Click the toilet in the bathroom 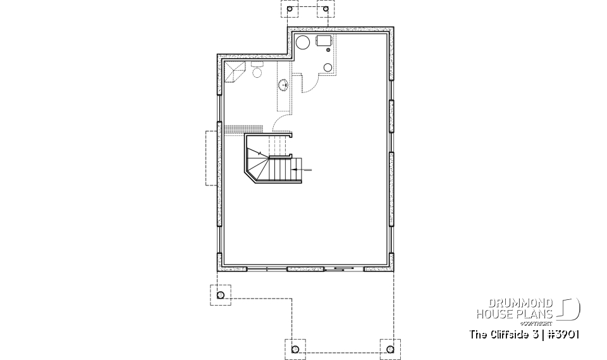point(257,71)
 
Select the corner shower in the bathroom point(233,73)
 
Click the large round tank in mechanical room point(303,44)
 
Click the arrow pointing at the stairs point(302,170)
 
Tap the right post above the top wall point(326,11)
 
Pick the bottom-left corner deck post point(220,295)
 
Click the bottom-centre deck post point(295,348)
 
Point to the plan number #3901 point(564,334)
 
